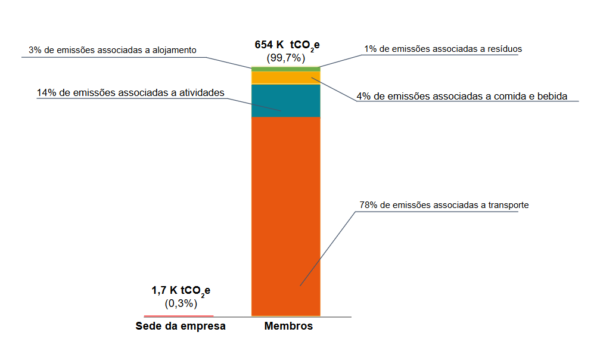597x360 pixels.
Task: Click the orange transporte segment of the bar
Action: pyautogui.click(x=286, y=215)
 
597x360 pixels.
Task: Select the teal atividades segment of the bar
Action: pyautogui.click(x=286, y=100)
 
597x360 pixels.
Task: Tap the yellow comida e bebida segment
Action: pyautogui.click(x=286, y=77)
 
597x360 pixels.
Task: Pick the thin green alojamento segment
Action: pyautogui.click(x=286, y=69)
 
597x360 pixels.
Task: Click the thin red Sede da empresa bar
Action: pyautogui.click(x=179, y=315)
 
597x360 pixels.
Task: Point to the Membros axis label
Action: pyautogui.click(x=288, y=327)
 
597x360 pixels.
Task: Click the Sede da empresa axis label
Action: pyautogui.click(x=181, y=327)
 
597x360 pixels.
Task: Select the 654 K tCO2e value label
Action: pyautogui.click(x=288, y=46)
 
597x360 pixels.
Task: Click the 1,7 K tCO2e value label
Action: pyautogui.click(x=181, y=291)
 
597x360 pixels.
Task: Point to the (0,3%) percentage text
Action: pyautogui.click(x=181, y=303)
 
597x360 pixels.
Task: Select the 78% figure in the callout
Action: pyautogui.click(x=368, y=205)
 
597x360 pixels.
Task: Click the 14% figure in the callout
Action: pyautogui.click(x=46, y=93)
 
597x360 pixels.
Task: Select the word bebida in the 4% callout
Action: pyautogui.click(x=552, y=95)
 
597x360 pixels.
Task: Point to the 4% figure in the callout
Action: pyautogui.click(x=363, y=95)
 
